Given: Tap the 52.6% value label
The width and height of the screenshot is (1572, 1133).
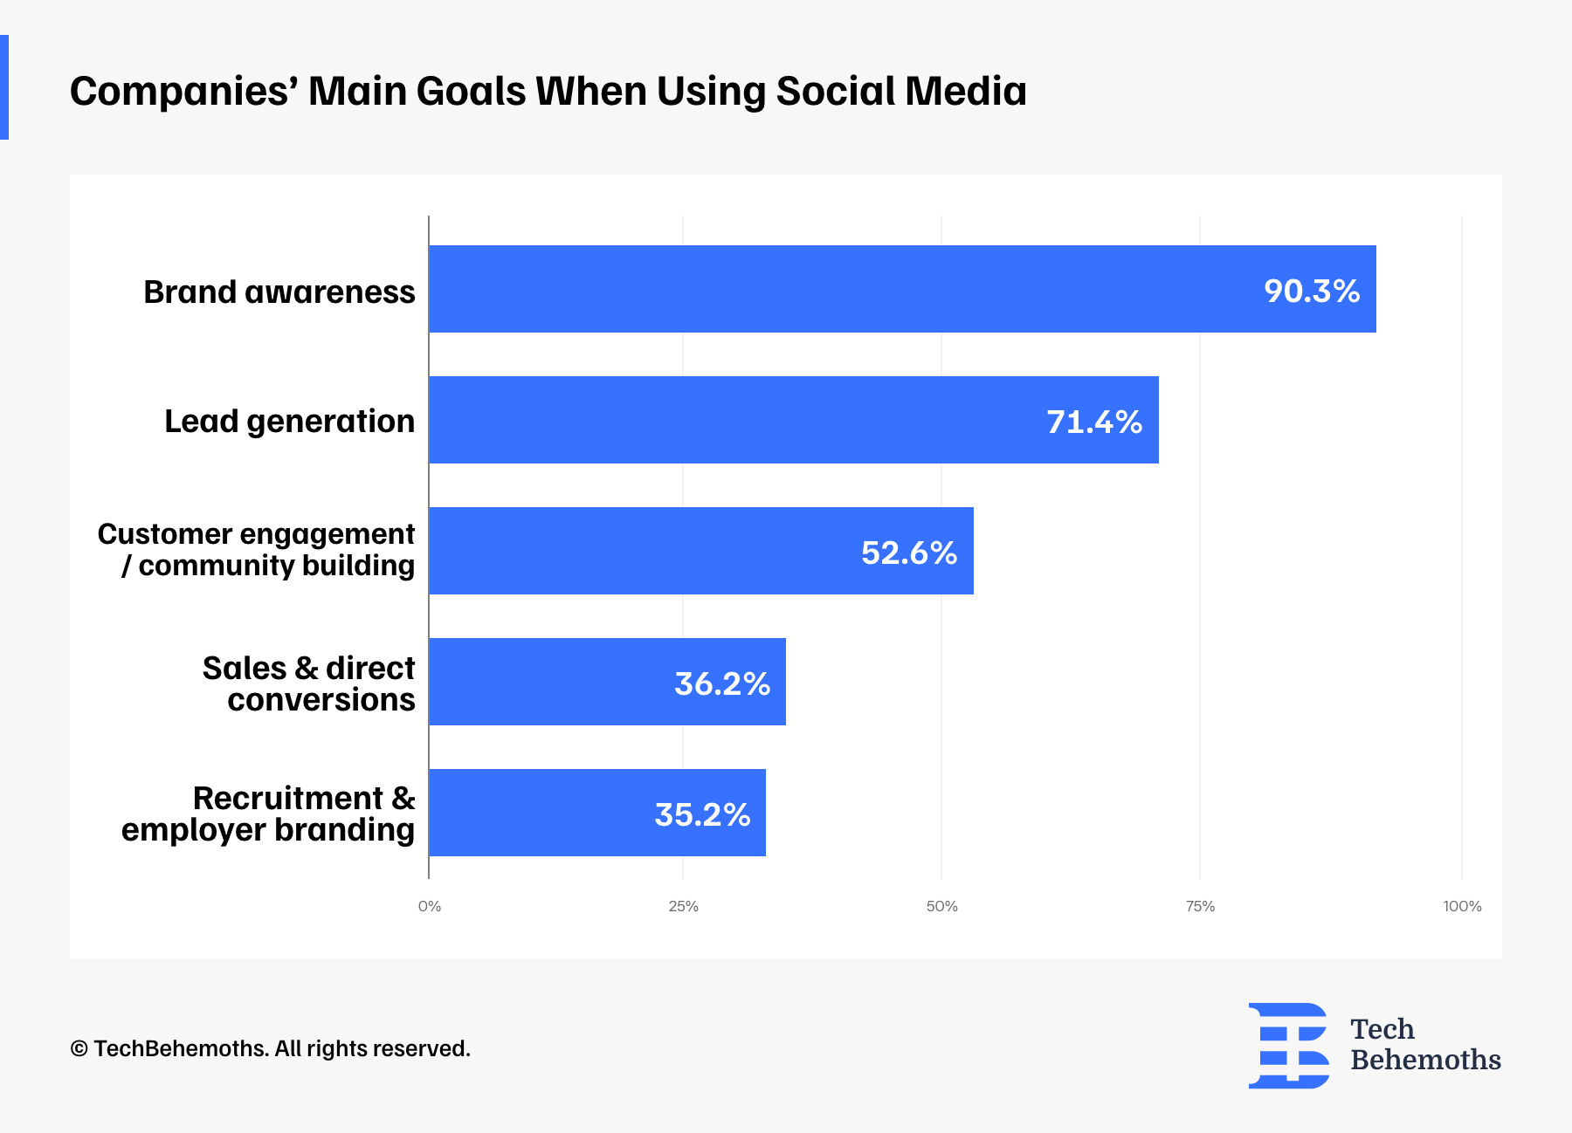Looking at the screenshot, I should click(908, 553).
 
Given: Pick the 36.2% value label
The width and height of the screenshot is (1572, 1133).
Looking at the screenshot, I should click(721, 683).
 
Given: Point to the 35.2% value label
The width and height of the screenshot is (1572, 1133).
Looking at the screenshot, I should click(702, 814).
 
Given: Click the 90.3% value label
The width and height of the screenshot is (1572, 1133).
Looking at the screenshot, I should click(1311, 291).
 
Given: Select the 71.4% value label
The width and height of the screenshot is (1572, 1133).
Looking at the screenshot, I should click(1093, 422).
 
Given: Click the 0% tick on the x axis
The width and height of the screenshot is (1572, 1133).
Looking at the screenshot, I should click(429, 906).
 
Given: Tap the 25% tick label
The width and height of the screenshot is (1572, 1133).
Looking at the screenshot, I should click(683, 906).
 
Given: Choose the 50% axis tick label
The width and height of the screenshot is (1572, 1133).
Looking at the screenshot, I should click(941, 906).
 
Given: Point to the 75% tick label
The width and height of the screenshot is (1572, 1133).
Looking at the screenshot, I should click(1200, 906).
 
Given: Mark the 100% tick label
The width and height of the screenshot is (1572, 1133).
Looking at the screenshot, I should click(1461, 906).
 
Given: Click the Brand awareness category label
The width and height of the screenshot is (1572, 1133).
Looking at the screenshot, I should click(279, 292).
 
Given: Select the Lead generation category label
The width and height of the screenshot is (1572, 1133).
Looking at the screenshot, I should click(289, 421).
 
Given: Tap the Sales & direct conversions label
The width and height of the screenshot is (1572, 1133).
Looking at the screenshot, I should click(308, 683).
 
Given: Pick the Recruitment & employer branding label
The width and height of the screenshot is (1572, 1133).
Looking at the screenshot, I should click(268, 814).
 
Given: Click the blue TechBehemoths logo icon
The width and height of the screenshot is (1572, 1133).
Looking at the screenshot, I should click(1287, 1045).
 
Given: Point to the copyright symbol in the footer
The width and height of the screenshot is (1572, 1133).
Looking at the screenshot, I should click(79, 1049).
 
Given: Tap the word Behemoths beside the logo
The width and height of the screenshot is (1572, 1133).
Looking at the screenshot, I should click(1425, 1060).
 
